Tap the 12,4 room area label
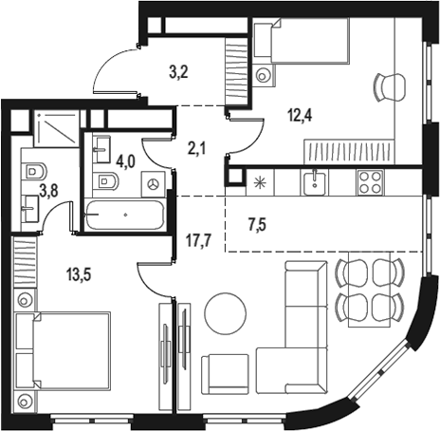click(x=301, y=117)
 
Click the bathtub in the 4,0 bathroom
click(x=124, y=215)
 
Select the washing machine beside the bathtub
click(x=153, y=182)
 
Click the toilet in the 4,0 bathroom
click(x=107, y=180)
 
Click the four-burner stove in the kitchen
click(x=368, y=181)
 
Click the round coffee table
click(x=227, y=310)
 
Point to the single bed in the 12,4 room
click(x=301, y=42)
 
